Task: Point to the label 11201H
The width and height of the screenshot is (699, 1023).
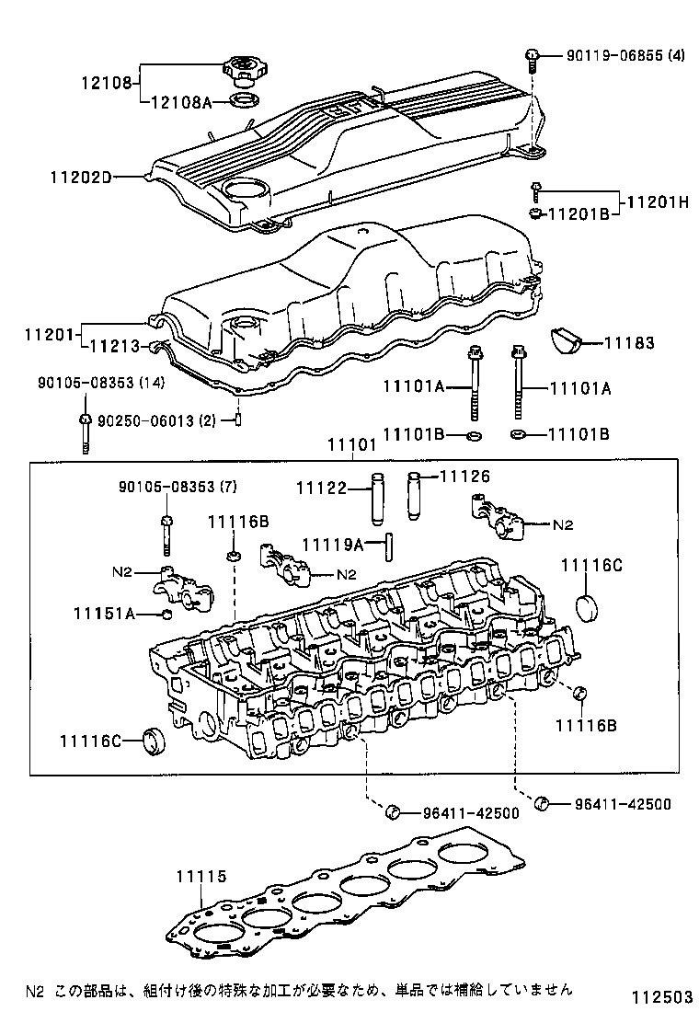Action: pyautogui.click(x=657, y=202)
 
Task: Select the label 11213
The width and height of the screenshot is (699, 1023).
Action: pyautogui.click(x=114, y=347)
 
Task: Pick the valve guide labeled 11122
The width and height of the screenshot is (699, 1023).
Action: pyautogui.click(x=376, y=498)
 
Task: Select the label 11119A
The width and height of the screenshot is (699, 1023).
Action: pyautogui.click(x=332, y=545)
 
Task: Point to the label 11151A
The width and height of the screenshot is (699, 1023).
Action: pyautogui.click(x=105, y=613)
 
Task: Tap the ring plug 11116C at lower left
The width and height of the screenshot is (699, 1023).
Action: pyautogui.click(x=154, y=741)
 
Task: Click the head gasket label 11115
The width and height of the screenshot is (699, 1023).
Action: pyautogui.click(x=201, y=878)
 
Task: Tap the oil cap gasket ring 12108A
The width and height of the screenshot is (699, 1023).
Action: pyautogui.click(x=244, y=99)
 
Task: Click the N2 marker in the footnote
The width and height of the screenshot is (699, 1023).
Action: pyautogui.click(x=35, y=991)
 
